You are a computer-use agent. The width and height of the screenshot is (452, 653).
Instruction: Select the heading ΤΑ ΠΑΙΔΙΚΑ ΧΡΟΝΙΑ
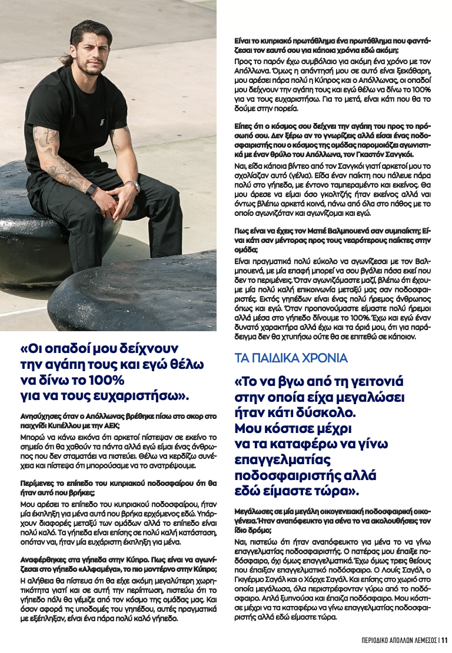coord(291,358)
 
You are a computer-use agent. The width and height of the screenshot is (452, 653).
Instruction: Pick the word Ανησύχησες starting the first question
coord(42,416)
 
